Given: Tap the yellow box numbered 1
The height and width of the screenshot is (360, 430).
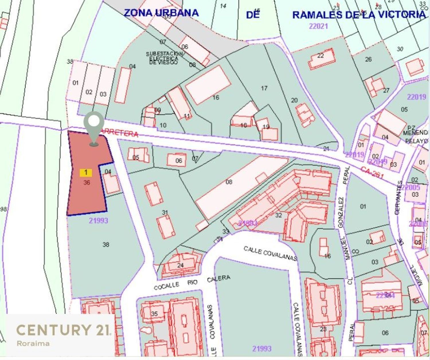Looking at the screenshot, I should pos(86,173).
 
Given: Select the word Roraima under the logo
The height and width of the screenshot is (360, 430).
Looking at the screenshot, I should pos(33,343).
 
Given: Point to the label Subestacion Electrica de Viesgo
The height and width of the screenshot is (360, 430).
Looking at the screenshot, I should pos(164,58).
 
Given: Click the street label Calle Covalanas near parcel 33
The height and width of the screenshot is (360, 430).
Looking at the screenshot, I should pos(270,253).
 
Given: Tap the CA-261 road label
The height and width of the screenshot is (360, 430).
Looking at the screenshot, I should pos(372,172).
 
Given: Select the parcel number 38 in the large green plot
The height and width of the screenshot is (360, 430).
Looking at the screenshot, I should pos(106,244).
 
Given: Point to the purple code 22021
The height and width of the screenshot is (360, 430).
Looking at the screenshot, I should pos(318,26).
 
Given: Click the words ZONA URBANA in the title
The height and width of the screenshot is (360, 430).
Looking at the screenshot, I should pos(161,13).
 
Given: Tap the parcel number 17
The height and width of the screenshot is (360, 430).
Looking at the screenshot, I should pos(264,88).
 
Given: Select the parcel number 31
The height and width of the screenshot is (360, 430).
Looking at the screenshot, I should pos(165,212).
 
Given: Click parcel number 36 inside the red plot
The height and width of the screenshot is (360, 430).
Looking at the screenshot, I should pos(87,182).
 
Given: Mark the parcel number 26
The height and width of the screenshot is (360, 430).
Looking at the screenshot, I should pos(368,59).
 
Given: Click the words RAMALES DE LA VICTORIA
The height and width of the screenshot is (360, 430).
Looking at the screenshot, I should pos(359,15).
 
